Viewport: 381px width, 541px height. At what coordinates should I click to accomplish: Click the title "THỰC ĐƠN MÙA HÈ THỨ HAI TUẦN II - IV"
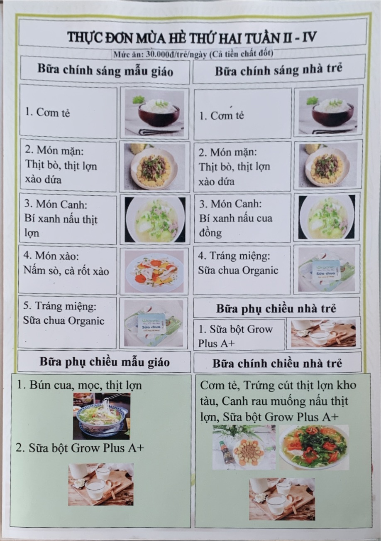(x=192, y=37)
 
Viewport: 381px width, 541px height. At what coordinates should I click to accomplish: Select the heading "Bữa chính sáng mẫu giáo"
(x=105, y=70)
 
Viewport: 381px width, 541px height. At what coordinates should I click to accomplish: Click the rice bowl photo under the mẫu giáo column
(x=154, y=112)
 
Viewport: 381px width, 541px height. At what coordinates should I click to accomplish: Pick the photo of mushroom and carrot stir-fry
(x=154, y=271)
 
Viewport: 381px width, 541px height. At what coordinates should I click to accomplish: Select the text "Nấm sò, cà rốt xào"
(x=66, y=271)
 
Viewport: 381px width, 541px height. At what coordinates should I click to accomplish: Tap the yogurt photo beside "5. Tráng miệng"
(x=154, y=324)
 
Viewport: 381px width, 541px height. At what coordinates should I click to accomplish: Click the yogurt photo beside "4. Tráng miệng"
(x=327, y=269)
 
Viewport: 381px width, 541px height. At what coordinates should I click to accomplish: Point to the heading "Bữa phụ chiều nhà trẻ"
(x=276, y=309)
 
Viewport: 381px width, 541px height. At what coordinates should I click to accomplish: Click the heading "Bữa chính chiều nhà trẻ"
(x=277, y=364)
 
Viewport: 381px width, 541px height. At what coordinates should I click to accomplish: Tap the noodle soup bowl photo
(x=102, y=416)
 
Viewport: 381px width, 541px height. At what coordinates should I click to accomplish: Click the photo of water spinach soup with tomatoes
(x=314, y=447)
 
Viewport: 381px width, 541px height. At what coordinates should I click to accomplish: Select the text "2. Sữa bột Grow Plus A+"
(x=80, y=448)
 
